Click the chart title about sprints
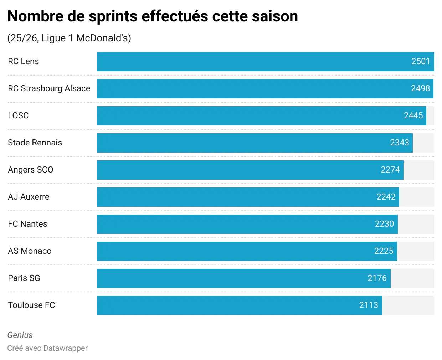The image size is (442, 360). [x=153, y=16]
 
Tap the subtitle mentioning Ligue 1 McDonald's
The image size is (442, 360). [x=69, y=38]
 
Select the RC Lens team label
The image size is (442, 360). [x=24, y=61]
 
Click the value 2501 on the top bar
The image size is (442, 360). [x=421, y=61]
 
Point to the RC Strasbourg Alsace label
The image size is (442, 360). [x=49, y=88]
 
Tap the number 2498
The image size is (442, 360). [x=420, y=88]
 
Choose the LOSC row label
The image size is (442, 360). [x=18, y=115]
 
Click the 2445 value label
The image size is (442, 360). [x=413, y=115]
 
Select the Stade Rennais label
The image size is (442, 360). [x=35, y=143]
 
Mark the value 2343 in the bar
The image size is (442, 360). [x=399, y=143]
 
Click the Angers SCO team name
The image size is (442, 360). [x=31, y=170]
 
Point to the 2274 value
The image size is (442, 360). [x=390, y=170]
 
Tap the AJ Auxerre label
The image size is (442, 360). [x=29, y=197]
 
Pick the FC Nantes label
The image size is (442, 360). [x=28, y=224]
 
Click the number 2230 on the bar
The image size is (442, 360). [x=384, y=224]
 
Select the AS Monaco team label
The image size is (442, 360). [x=30, y=251]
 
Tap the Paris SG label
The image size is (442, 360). [x=24, y=278]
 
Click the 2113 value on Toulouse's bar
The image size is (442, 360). [x=369, y=305]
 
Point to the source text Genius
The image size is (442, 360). [x=20, y=335]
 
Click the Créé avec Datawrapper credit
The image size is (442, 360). [x=47, y=348]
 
